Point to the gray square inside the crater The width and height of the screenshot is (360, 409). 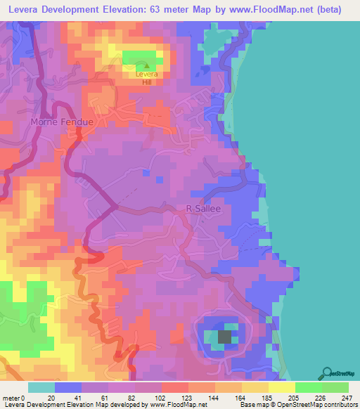224,337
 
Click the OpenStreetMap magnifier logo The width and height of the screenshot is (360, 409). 326,372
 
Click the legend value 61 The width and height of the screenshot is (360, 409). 110,398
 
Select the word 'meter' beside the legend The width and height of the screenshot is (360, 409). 12,398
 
